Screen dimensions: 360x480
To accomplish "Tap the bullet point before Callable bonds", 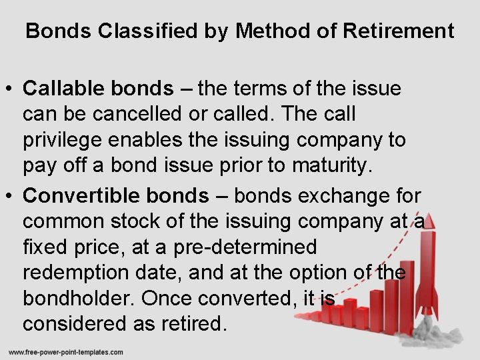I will [x=11, y=89].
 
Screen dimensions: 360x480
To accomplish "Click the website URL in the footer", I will [x=65, y=351].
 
